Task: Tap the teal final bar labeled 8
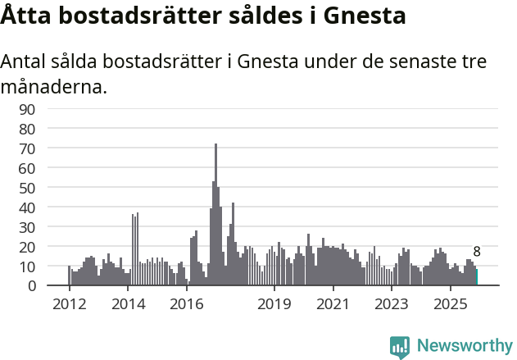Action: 476,277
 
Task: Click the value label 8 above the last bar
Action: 477,252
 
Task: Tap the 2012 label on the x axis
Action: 69,304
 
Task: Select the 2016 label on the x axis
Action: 186,304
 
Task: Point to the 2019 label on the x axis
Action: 274,304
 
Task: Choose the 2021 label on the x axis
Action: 332,304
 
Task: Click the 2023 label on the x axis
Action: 391,304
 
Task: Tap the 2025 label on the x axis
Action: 449,304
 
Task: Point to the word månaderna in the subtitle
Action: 54,86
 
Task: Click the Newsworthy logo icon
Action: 399,347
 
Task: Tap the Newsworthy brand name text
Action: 464,346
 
